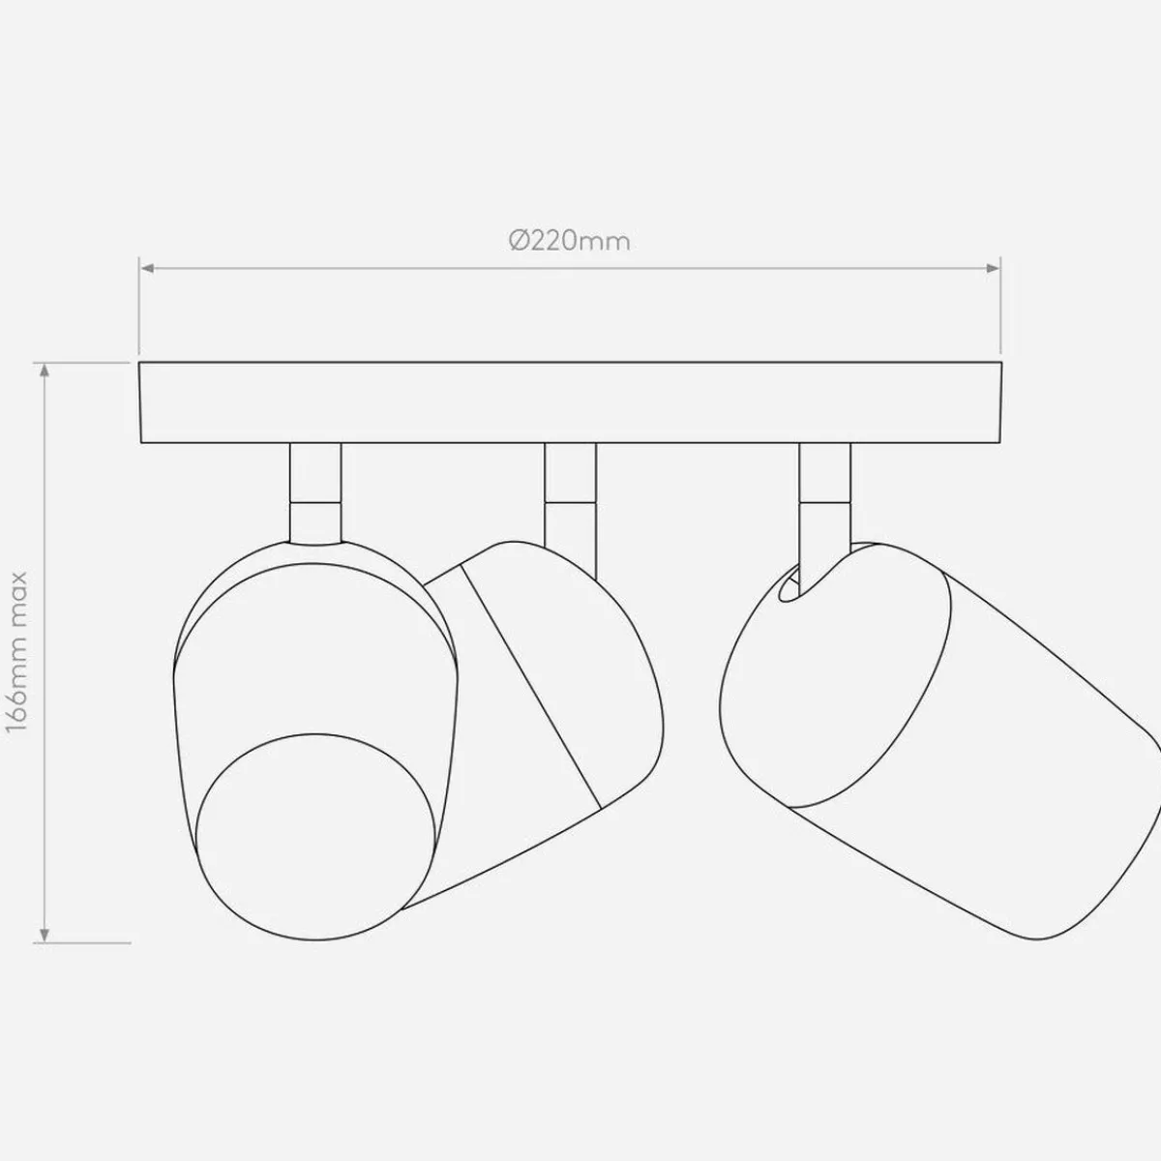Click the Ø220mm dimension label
tap(569, 241)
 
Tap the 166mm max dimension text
tap(16, 652)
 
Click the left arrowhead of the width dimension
tap(146, 268)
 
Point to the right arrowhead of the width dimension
tap(994, 268)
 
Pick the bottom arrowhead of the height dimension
tap(44, 952)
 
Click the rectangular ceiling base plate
tap(571, 402)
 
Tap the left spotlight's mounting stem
tap(315, 492)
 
